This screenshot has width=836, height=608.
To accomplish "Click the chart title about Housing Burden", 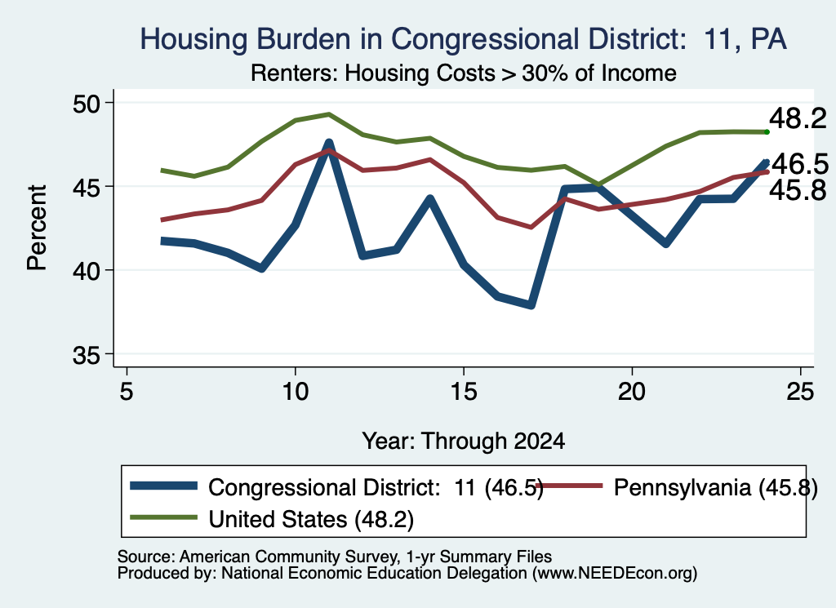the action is click(463, 39).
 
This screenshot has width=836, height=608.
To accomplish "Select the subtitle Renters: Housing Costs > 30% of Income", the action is click(464, 73).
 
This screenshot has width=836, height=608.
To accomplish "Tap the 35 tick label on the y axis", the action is click(86, 355).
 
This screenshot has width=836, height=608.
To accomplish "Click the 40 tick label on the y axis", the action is click(86, 271).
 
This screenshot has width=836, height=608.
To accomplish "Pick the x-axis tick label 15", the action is click(464, 392).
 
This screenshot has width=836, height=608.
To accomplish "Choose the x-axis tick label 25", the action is click(800, 392).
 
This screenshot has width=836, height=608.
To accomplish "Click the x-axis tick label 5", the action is click(126, 392).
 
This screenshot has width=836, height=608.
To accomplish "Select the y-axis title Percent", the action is click(37, 228).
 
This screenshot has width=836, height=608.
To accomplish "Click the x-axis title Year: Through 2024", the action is click(464, 442).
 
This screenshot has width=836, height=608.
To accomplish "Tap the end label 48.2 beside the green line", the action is click(798, 118).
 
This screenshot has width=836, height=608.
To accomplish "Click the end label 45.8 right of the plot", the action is click(798, 189).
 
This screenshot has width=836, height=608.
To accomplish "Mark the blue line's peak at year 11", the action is click(329, 143).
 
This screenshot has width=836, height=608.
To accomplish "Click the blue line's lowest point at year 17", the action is click(531, 304).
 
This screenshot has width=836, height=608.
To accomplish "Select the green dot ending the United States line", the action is click(767, 131).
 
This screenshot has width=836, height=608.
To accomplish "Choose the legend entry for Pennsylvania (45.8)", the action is click(676, 487).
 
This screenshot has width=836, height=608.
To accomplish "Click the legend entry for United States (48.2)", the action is click(272, 518).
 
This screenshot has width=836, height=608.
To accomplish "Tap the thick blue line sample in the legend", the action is click(164, 486).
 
